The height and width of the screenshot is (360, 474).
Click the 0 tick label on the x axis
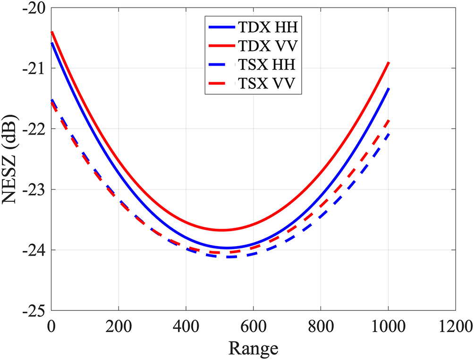tap(51, 326)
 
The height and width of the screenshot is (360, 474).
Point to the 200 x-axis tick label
tap(118, 326)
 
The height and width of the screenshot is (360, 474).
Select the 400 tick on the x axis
tap(186, 326)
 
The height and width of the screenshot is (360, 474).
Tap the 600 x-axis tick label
tap(254, 326)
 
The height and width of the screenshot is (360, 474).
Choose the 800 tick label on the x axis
tap(321, 326)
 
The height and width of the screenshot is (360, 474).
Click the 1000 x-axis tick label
tap(388, 326)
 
